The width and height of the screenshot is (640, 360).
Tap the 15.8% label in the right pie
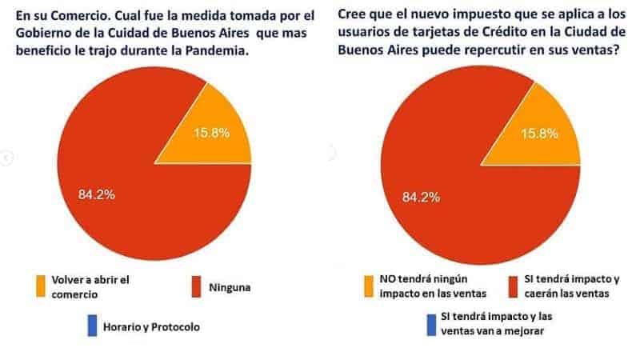(542, 134)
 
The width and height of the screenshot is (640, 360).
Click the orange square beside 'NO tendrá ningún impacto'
(370, 286)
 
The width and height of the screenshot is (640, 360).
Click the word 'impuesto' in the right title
(463, 16)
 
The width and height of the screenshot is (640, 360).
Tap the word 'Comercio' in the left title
(74, 15)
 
